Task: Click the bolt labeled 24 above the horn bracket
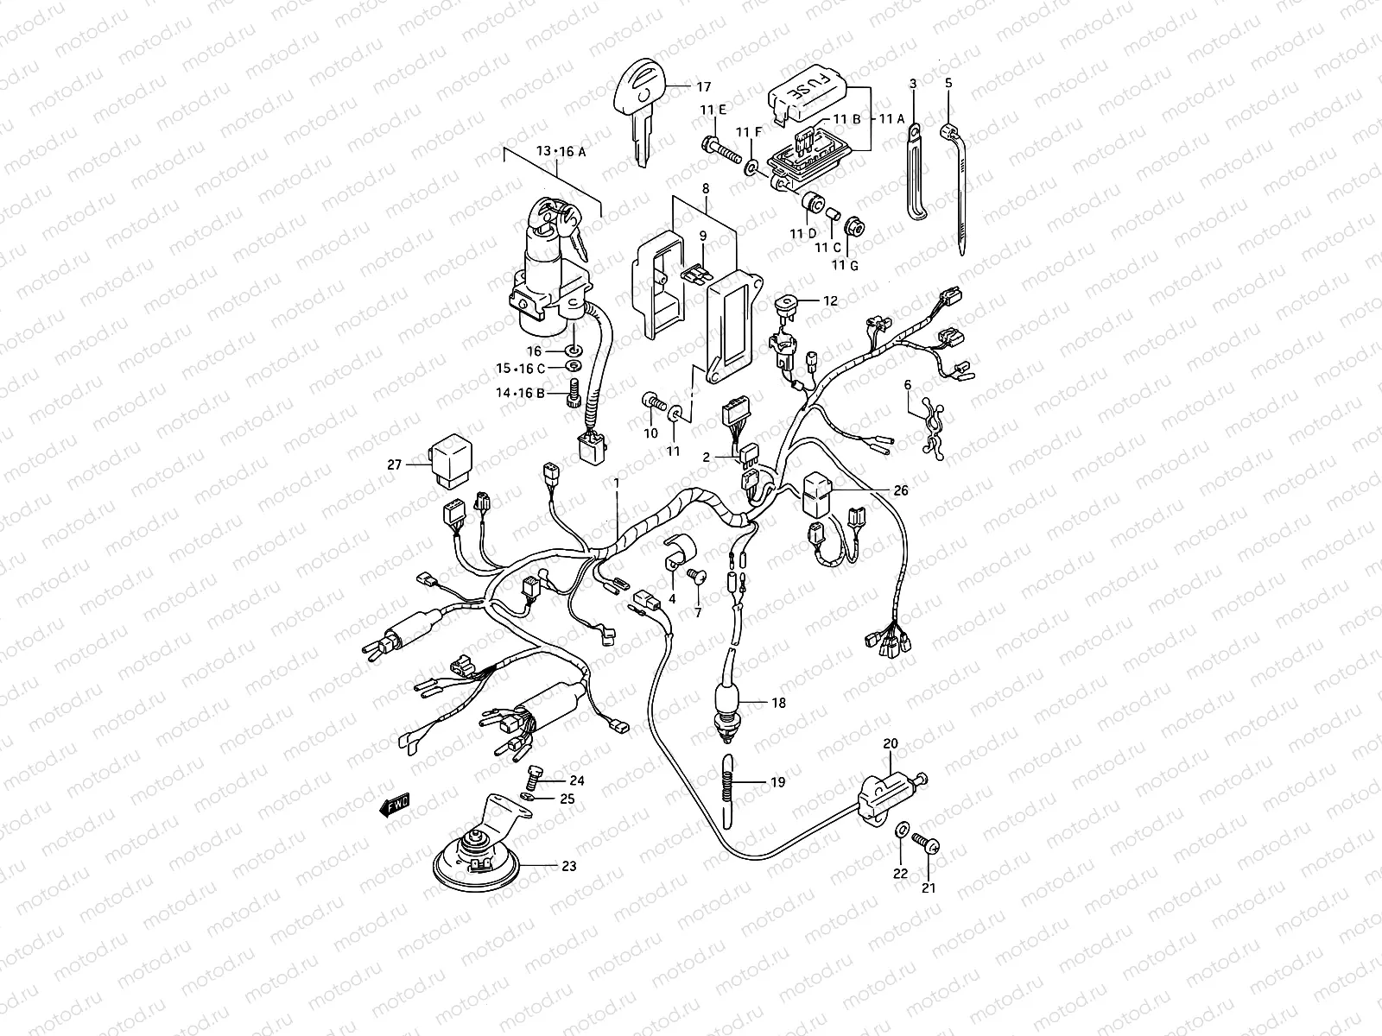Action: click(x=532, y=774)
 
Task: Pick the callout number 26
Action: click(x=901, y=490)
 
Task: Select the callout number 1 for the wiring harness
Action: click(x=617, y=483)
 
